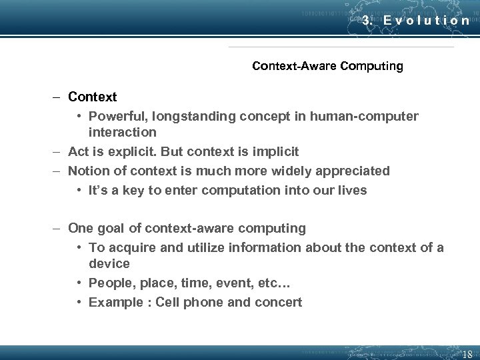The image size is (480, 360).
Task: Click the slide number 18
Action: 467,354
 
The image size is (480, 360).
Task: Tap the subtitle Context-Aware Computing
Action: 327,66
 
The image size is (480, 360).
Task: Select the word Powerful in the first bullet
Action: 115,117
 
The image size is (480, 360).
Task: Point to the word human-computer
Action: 361,117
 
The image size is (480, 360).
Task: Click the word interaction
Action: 123,132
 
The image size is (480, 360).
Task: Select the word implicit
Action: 273,151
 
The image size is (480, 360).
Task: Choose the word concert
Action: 278,302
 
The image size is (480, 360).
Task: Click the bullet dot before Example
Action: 79,302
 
